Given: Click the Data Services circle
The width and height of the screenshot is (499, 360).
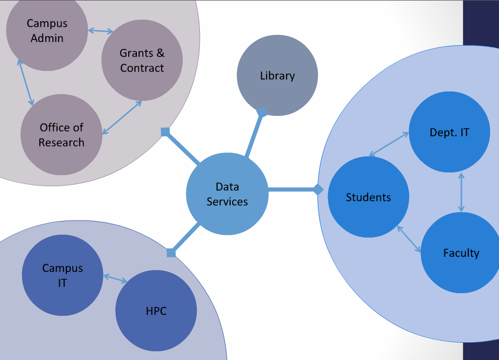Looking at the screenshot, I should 227,194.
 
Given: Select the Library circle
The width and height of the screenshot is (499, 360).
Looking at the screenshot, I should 278,75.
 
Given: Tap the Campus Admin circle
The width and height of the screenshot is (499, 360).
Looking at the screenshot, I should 47,31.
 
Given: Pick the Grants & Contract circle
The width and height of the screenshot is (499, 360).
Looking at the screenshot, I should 142,60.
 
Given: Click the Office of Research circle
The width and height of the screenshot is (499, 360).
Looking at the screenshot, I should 61,135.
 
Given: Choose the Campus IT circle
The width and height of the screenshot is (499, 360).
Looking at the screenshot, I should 63,275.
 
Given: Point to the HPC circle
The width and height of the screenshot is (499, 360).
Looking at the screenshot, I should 156,310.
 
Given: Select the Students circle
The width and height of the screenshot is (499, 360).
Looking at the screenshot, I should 368,197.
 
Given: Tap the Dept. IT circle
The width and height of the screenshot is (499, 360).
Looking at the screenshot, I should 449,132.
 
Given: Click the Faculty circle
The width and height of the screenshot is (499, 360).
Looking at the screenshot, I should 461,253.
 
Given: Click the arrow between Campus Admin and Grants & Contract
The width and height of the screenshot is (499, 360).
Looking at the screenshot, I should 101,31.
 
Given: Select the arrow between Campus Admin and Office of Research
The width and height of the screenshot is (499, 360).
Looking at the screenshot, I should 25,82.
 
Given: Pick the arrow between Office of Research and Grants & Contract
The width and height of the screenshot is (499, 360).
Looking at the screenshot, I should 122,117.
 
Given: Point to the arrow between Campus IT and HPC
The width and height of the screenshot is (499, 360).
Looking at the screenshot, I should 115,279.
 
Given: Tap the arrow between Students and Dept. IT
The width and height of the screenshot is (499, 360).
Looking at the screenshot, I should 389,144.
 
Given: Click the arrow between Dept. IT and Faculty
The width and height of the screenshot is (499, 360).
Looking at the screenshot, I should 461,192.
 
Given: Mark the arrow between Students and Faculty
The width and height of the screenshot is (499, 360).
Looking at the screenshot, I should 410,239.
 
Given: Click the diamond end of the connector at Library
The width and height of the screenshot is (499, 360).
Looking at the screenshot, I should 262,112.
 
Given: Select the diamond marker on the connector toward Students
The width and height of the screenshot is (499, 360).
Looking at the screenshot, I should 318,189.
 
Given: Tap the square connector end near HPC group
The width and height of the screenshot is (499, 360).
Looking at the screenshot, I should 171,253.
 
